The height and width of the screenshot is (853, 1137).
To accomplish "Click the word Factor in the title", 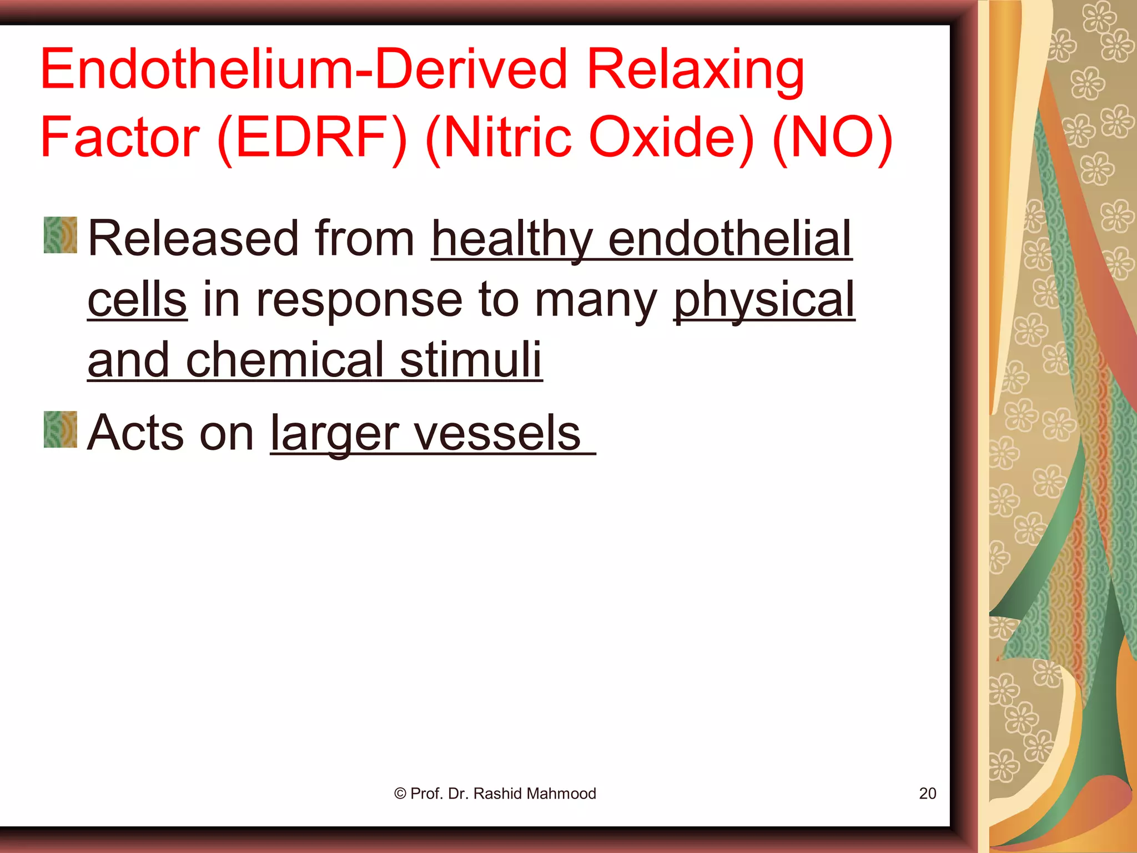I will (x=120, y=138).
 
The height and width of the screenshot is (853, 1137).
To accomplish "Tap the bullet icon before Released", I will (x=61, y=235).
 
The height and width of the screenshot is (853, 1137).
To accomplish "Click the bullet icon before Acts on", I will (x=61, y=429).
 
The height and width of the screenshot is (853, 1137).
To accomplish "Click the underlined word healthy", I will (x=511, y=239).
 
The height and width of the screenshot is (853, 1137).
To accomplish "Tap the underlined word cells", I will (x=137, y=299).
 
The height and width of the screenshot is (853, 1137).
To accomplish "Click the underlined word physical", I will (x=764, y=300).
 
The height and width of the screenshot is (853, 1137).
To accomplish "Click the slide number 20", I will (x=927, y=794).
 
